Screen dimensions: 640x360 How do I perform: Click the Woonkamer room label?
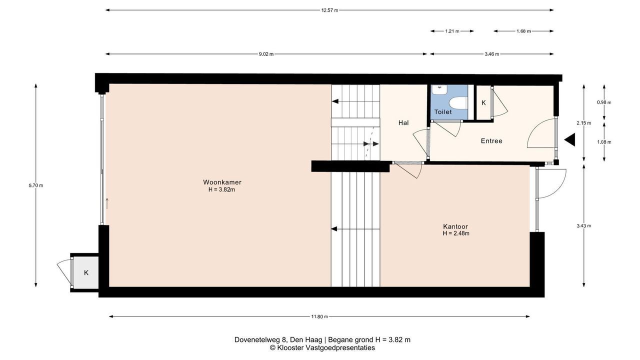pyautogui.click(x=222, y=182)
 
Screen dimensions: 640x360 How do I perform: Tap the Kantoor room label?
pyautogui.click(x=455, y=226)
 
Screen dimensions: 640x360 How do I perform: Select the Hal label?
pyautogui.click(x=403, y=123)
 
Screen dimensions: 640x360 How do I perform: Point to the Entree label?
pyautogui.click(x=491, y=141)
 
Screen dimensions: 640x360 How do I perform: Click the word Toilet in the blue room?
pyautogui.click(x=443, y=112)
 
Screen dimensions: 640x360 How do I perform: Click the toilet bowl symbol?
pyautogui.click(x=458, y=103)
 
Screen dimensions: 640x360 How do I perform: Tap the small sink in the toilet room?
pyautogui.click(x=439, y=89)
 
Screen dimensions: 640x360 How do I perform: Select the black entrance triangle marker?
pyautogui.click(x=569, y=139)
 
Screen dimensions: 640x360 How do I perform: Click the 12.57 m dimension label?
pyautogui.click(x=329, y=10)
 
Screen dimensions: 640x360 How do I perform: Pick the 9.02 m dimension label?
pyautogui.click(x=266, y=54)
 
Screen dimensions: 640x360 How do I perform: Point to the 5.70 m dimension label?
pyautogui.click(x=36, y=185)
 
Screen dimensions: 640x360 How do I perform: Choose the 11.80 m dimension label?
pyautogui.click(x=319, y=316)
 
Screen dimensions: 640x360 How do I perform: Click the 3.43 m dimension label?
pyautogui.click(x=583, y=225)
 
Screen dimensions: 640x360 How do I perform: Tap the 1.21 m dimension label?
pyautogui.click(x=452, y=31)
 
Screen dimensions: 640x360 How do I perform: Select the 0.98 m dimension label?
pyautogui.click(x=604, y=102)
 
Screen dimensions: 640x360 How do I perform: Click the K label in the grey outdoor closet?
pyautogui.click(x=86, y=273)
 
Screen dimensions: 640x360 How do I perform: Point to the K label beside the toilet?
pyautogui.click(x=483, y=103)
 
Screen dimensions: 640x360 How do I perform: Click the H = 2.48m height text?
pyautogui.click(x=456, y=233)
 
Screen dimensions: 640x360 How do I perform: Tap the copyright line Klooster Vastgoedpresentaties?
pyautogui.click(x=322, y=347)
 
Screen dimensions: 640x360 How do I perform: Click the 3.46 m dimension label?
pyautogui.click(x=491, y=54)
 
